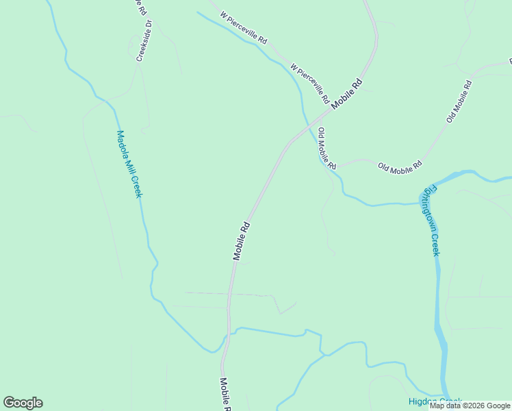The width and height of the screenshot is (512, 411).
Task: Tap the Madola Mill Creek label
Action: pyautogui.click(x=129, y=164)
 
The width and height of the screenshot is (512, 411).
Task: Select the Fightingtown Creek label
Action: pyautogui.click(x=431, y=219)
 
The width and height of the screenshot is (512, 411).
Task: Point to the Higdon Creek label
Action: pyautogui.click(x=435, y=401)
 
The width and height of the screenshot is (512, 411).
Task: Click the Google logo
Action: pyautogui.click(x=23, y=403)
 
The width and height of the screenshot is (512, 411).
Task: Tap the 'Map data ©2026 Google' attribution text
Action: pyautogui.click(x=470, y=406)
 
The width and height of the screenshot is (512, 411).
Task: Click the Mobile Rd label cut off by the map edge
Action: pyautogui.click(x=225, y=394)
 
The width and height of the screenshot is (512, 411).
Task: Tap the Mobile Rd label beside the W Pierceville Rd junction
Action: pyautogui.click(x=346, y=95)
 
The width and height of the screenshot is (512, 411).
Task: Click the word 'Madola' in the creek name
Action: pyautogui.click(x=123, y=146)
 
